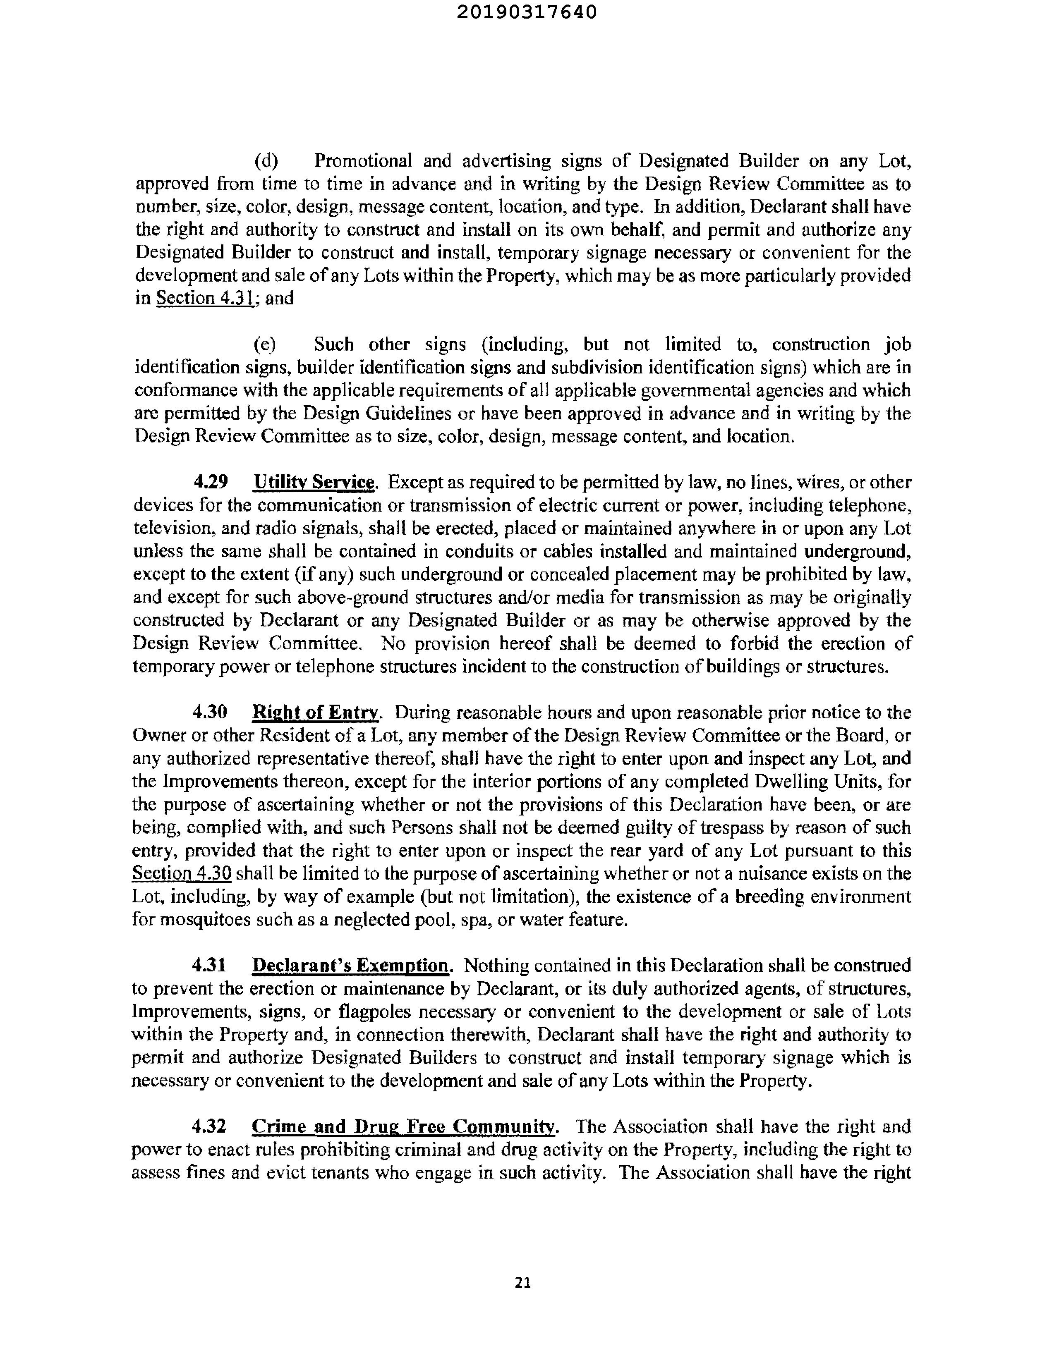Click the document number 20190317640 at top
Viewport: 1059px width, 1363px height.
click(x=526, y=12)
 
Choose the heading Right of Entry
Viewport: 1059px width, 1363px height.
click(x=315, y=712)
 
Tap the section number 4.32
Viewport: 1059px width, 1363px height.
click(x=208, y=1126)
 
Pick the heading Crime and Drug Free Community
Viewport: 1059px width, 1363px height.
click(x=403, y=1126)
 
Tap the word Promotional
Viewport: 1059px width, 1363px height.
click(x=363, y=161)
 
